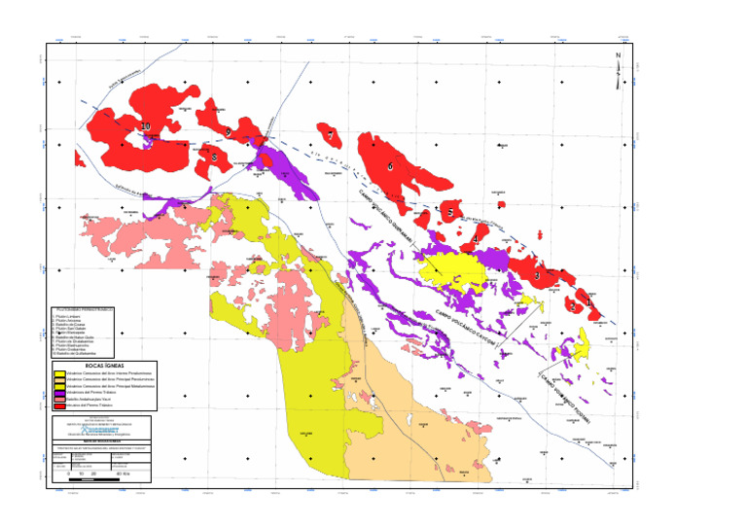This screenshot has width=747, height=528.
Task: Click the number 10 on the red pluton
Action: tap(146, 126)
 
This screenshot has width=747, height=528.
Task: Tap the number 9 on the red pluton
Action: tap(228, 131)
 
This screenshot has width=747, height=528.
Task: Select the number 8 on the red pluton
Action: tap(214, 157)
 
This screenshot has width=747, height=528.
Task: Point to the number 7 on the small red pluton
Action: tap(332, 136)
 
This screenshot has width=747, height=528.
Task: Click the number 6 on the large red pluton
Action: tap(390, 166)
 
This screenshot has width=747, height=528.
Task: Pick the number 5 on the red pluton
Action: tap(449, 212)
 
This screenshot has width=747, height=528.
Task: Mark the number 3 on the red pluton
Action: tap(536, 276)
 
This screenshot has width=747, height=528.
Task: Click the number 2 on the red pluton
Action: tap(573, 306)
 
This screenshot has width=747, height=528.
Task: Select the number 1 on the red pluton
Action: tap(587, 302)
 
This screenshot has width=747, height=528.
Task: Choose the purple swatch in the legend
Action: tap(59, 392)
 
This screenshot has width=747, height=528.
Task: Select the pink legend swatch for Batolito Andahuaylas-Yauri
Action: tap(59, 400)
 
